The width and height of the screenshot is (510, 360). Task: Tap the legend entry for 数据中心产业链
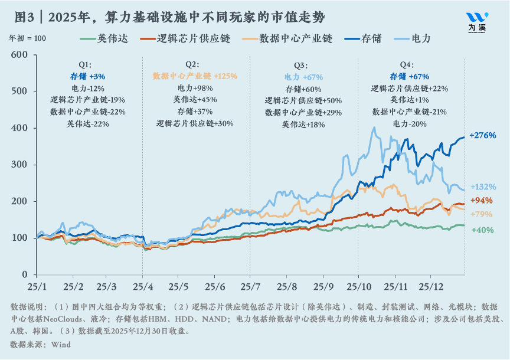(x=295, y=38)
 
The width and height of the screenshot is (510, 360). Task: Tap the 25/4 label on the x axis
(x=142, y=286)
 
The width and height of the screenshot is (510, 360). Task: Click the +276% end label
(x=482, y=135)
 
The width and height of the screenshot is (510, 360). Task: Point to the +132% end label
(x=482, y=187)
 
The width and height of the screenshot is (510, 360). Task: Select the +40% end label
(x=482, y=230)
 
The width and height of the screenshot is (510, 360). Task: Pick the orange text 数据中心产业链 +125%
(x=195, y=76)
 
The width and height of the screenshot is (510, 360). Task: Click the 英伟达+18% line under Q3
(x=303, y=124)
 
